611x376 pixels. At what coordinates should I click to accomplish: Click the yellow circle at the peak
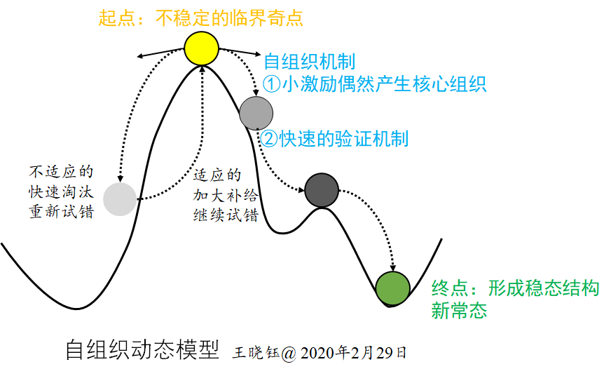[x=202, y=47]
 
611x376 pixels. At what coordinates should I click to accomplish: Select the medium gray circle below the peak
[x=256, y=112]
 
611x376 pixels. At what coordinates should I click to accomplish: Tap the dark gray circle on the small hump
[x=322, y=189]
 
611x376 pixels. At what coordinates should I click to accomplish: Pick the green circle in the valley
[x=392, y=288]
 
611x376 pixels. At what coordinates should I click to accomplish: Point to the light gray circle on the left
[x=121, y=199]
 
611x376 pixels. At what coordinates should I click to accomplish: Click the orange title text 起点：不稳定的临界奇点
[x=201, y=18]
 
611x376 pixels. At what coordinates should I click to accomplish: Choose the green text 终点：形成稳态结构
[x=515, y=288]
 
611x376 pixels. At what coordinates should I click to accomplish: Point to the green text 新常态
[x=459, y=311]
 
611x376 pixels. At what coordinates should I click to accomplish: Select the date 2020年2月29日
[x=355, y=353]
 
